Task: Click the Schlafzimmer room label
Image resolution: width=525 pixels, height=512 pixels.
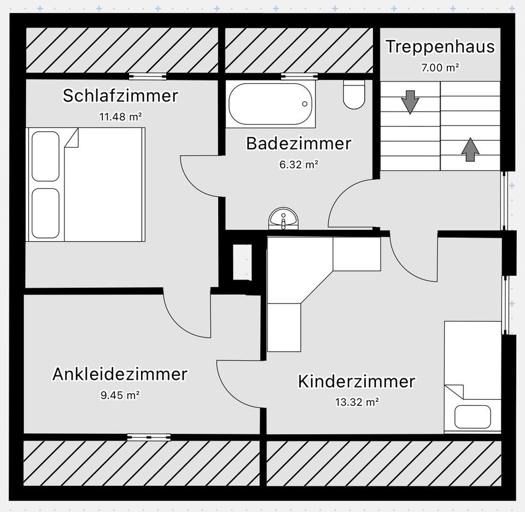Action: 120,95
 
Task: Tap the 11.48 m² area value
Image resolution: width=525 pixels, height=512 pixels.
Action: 120,117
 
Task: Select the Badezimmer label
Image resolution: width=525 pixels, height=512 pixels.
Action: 299,143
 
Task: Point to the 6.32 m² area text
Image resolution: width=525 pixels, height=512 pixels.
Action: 299,165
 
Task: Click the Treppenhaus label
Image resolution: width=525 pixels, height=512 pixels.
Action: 440,46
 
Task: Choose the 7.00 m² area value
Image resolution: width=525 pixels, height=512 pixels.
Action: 440,68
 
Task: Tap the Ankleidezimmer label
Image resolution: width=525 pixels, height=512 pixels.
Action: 120,374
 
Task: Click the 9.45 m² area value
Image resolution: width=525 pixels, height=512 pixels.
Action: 120,395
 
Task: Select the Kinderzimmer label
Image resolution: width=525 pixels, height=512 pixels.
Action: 357,381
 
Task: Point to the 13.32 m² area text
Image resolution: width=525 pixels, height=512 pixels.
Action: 357,402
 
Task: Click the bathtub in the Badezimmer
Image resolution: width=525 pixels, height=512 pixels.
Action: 271,104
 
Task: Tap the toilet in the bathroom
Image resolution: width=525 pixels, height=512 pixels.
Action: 354,95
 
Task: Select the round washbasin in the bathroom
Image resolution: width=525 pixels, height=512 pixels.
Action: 283,219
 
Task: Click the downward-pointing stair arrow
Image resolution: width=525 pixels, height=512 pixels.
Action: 410,102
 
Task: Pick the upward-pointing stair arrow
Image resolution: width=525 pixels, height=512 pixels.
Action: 470,149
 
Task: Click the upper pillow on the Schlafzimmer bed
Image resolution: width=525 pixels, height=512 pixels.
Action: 45,156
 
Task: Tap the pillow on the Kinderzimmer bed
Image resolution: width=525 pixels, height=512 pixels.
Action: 472,417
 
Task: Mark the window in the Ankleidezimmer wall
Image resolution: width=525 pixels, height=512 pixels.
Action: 149,437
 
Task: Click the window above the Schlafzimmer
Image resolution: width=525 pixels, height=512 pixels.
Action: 148,77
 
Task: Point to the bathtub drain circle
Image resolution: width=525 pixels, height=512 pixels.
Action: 305,104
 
